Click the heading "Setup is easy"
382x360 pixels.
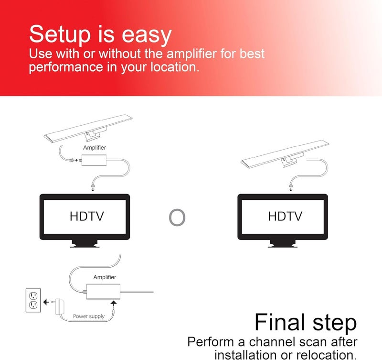pos(100,34)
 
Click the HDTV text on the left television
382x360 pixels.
pos(86,216)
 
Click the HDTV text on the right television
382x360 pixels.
pos(285,216)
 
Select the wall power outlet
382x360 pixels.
pos(33,300)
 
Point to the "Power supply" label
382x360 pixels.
pos(89,316)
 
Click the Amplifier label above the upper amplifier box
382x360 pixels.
pos(95,148)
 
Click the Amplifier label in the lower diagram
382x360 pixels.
pos(105,277)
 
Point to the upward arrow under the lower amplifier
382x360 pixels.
pos(113,303)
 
